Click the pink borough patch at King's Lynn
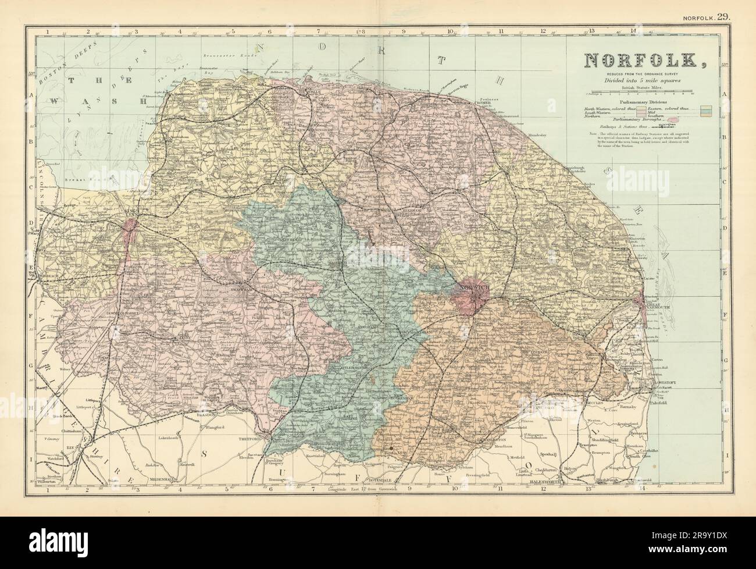[127, 235]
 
